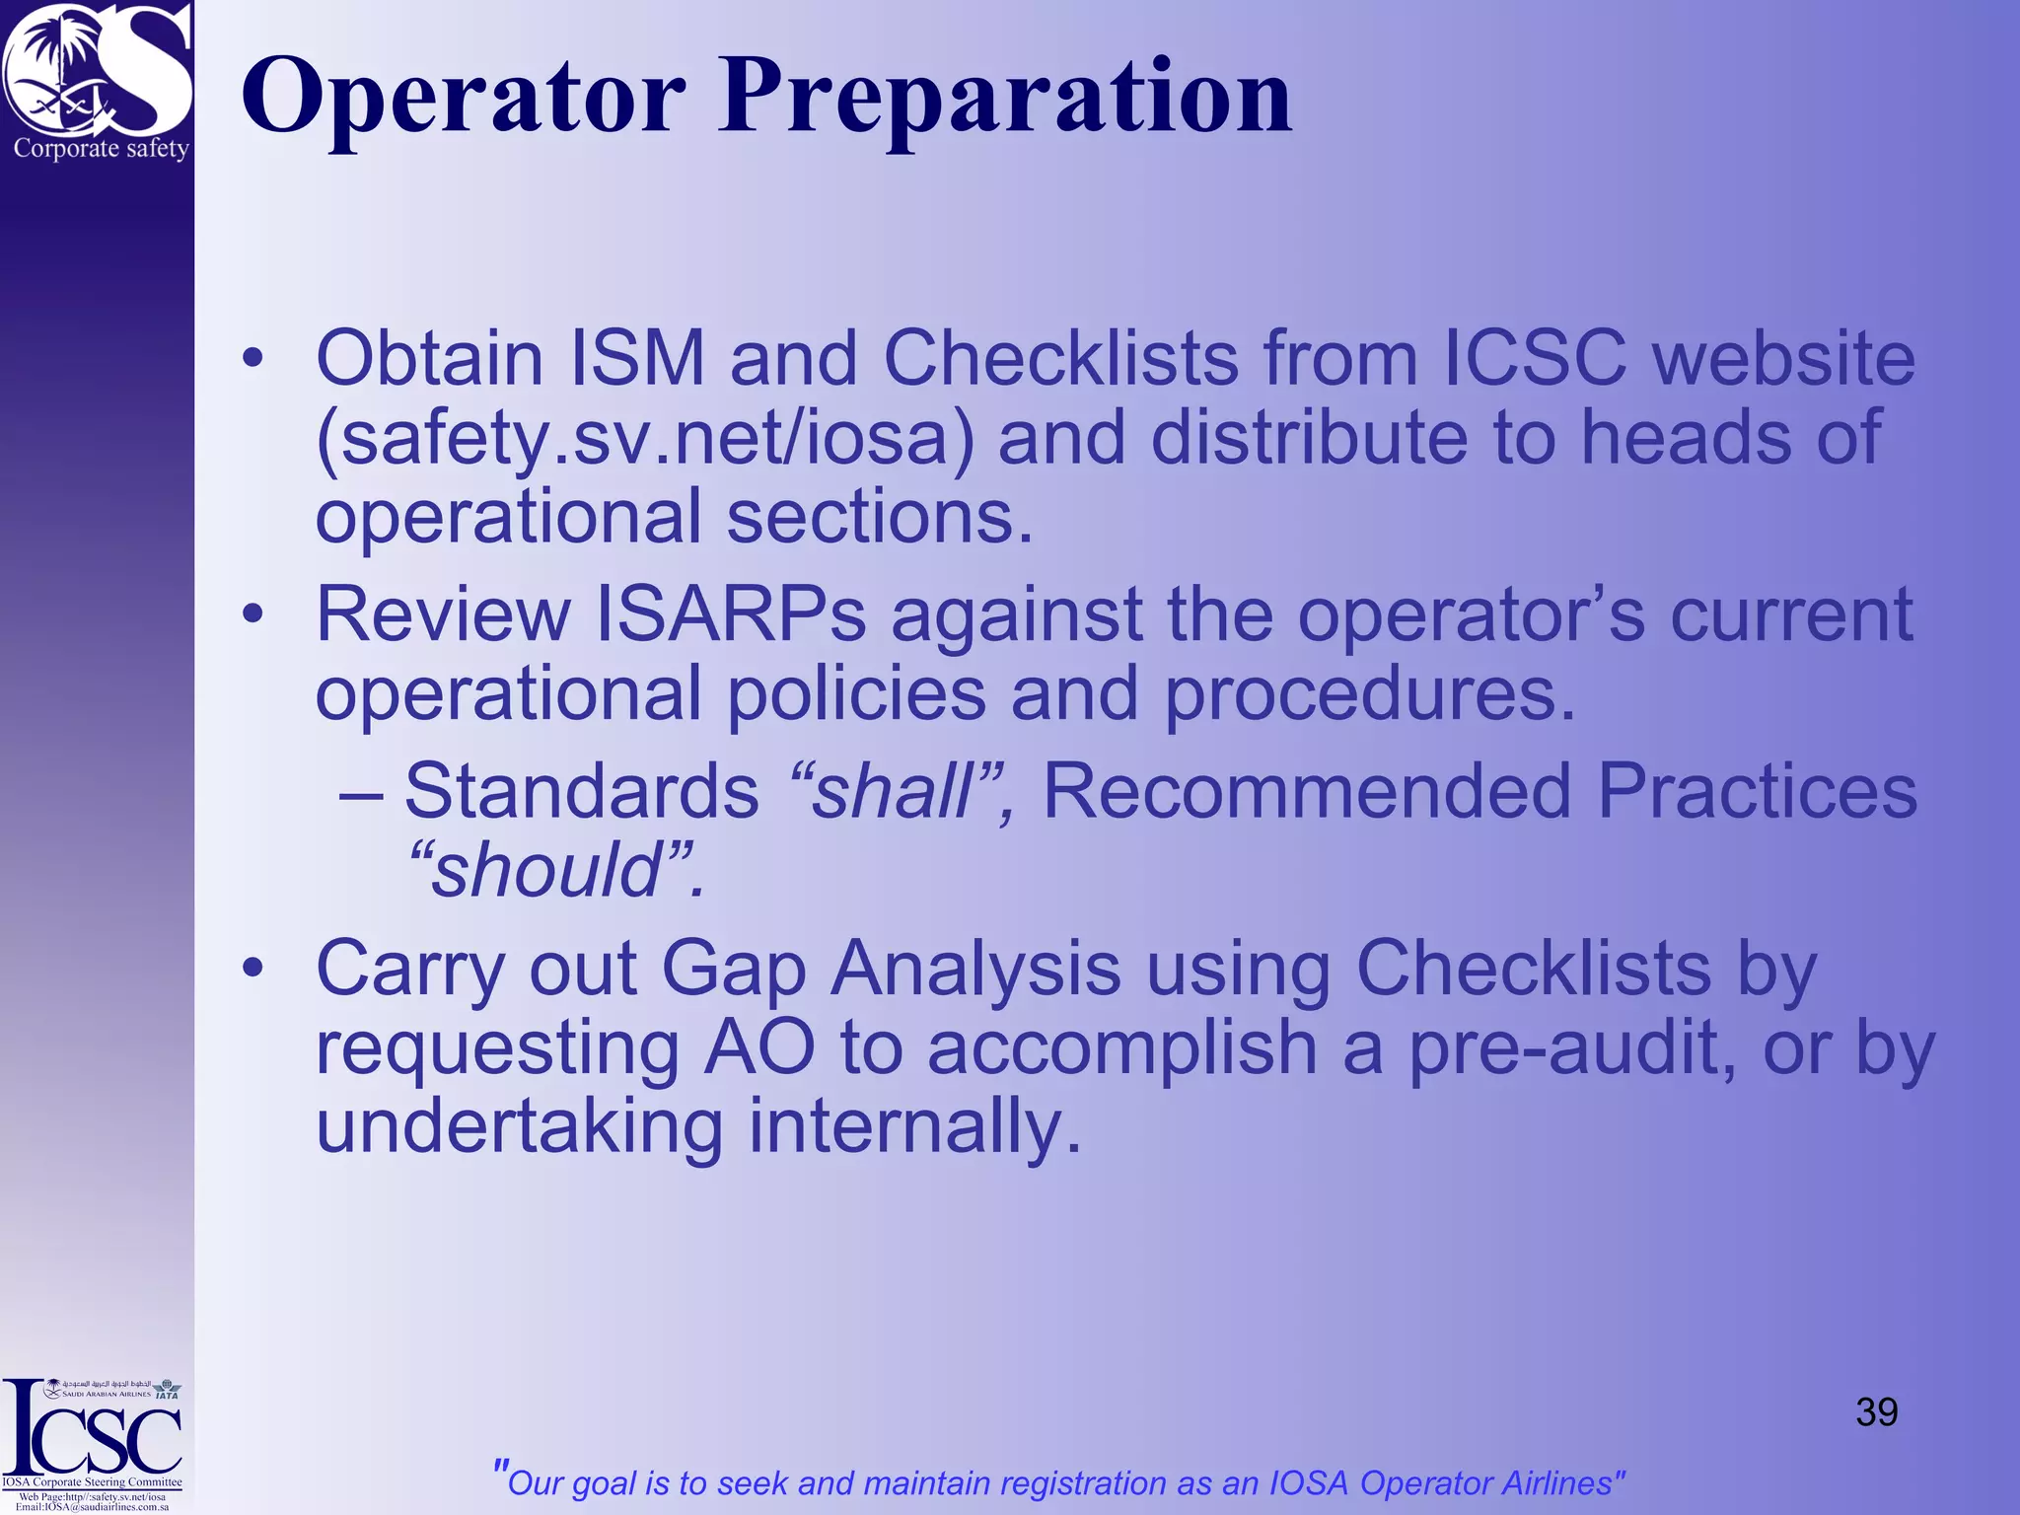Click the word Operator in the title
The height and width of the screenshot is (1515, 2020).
(x=464, y=97)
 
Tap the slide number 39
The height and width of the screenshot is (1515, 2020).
(x=1876, y=1412)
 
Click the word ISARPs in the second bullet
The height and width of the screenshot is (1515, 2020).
(x=730, y=614)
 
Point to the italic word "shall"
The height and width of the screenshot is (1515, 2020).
(x=893, y=791)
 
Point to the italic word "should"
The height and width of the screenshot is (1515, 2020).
(x=548, y=870)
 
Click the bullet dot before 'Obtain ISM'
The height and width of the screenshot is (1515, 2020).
(x=253, y=359)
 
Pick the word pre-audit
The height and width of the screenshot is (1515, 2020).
(x=1572, y=1047)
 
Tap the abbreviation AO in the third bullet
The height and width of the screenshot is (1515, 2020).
(x=759, y=1047)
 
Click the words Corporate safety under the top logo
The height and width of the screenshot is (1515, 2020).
(x=101, y=149)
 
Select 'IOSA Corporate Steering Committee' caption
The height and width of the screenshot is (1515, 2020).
(x=92, y=1481)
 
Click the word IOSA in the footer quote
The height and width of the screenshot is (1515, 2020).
(x=1310, y=1483)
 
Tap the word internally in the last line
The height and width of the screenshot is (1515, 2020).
(x=914, y=1126)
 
